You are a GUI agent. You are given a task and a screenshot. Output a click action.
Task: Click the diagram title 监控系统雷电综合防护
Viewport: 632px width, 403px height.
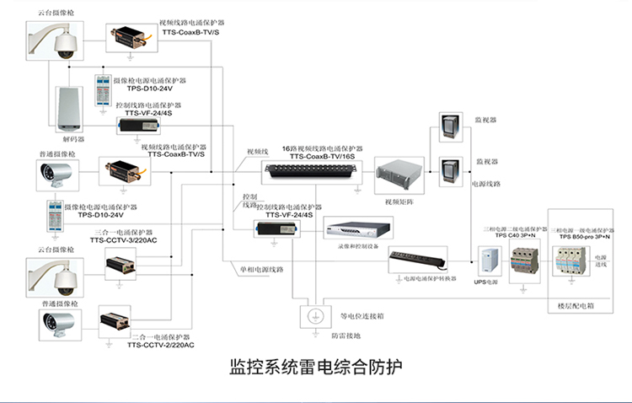tap(316, 367)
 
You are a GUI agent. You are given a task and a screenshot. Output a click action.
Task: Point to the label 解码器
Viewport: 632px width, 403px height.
tap(74, 137)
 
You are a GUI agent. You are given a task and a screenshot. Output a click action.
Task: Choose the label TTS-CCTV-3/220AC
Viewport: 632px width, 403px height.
tap(121, 239)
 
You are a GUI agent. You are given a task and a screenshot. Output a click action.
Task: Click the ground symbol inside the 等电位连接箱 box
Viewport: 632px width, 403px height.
tap(313, 316)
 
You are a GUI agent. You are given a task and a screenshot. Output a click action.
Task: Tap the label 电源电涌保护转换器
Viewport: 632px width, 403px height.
tap(430, 278)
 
